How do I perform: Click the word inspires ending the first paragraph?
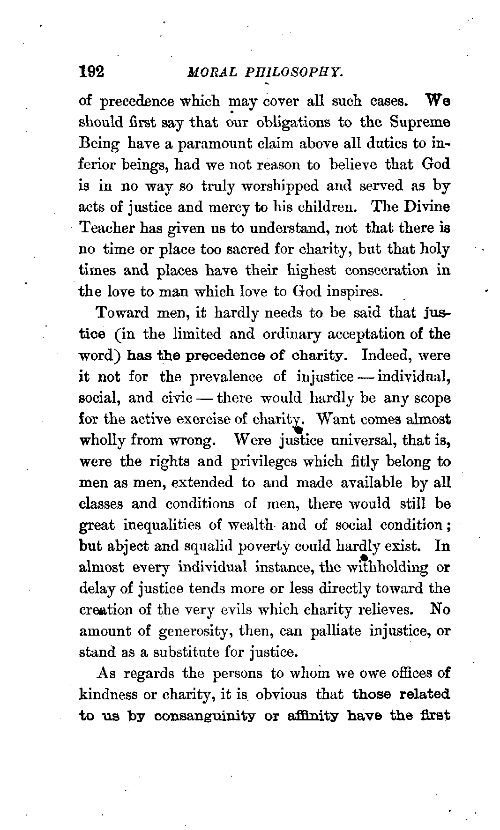click(358, 292)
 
